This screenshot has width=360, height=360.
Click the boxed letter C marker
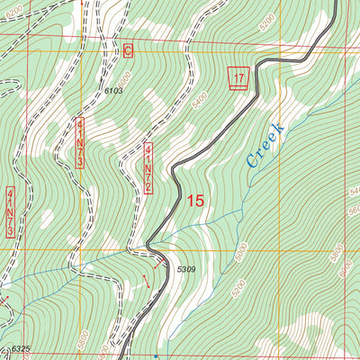pos(128,52)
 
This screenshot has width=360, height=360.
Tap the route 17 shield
pos(238,79)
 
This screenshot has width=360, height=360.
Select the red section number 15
pos(195,202)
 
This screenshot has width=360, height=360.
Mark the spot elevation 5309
pos(185,269)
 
